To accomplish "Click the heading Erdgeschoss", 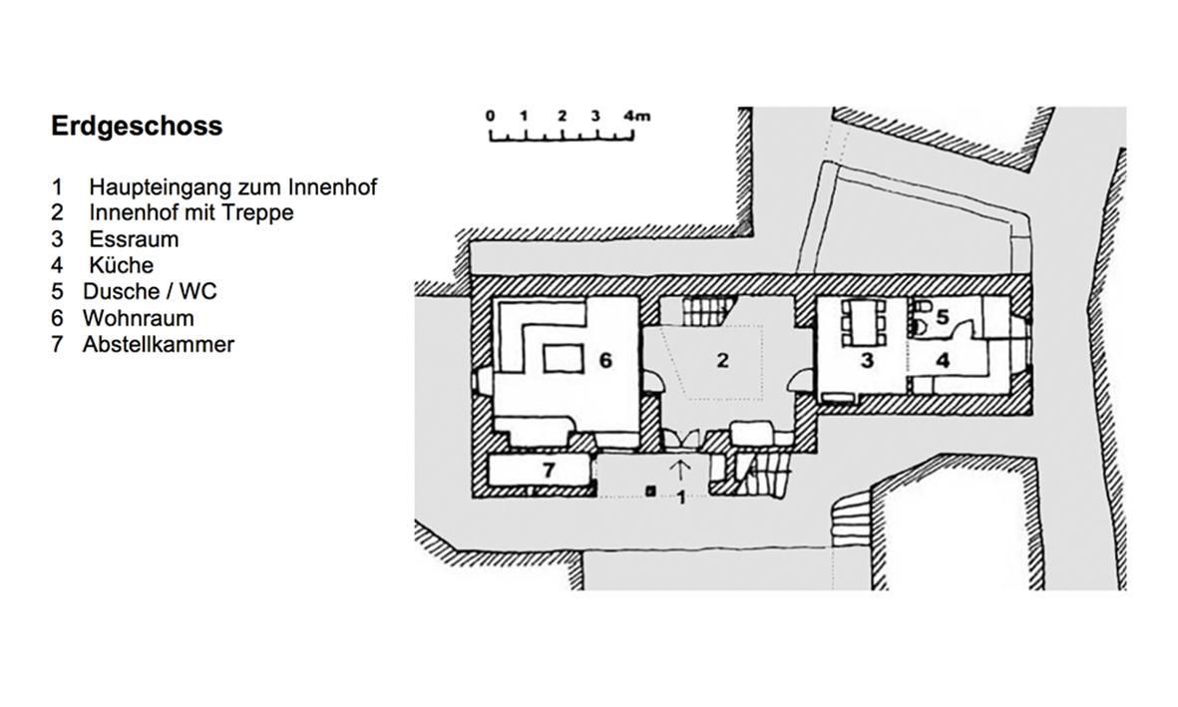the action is click(x=137, y=126).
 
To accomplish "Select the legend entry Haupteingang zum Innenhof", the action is click(x=232, y=186).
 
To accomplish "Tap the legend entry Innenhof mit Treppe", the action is click(x=191, y=212).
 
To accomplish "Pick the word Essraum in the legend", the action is click(x=134, y=239).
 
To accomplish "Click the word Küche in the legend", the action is click(x=121, y=264).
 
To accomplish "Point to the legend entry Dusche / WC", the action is click(x=150, y=291).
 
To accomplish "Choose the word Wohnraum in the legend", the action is click(x=139, y=318).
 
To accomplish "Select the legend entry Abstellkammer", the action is click(x=159, y=344).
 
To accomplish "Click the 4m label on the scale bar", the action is click(x=636, y=116).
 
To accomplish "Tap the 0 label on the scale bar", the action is click(x=491, y=116).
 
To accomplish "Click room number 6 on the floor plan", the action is click(x=605, y=361).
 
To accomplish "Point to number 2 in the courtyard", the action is click(x=723, y=361).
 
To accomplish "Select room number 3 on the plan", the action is click(x=867, y=361).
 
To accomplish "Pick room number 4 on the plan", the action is click(x=943, y=361).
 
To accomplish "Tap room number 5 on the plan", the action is click(x=942, y=317).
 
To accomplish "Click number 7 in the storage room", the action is click(x=550, y=471).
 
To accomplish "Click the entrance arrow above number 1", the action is click(x=680, y=470).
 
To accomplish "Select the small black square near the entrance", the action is click(x=650, y=492).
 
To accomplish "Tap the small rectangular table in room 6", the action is click(x=564, y=358).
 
